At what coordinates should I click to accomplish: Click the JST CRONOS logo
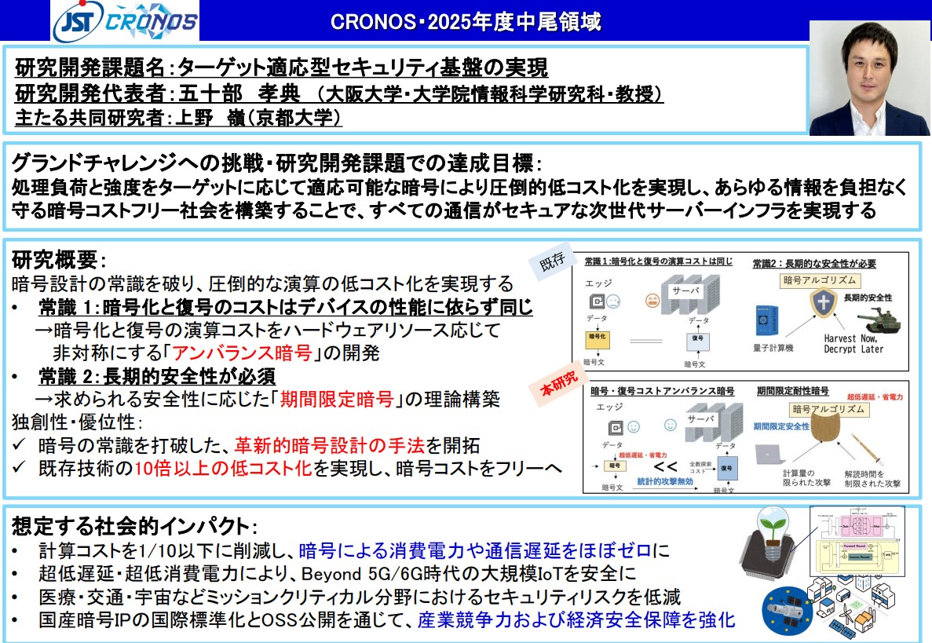coord(126,21)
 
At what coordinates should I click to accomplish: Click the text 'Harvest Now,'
coord(854,338)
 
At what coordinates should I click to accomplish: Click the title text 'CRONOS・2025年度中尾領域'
coord(466,22)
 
